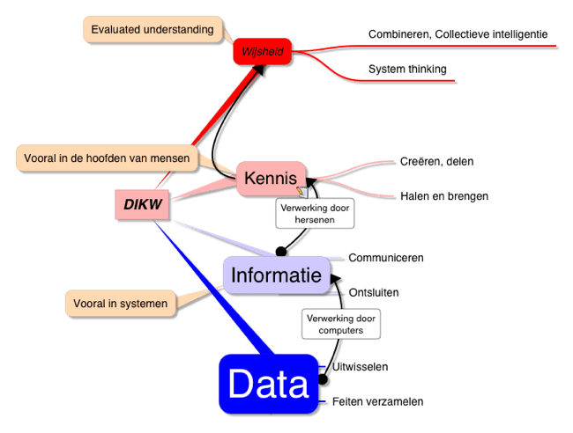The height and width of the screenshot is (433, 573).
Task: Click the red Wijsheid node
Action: coord(262,53)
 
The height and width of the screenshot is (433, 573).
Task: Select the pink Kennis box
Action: coord(270,179)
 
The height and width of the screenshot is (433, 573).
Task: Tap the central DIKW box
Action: coord(141,204)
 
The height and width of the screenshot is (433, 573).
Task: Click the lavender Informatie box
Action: coord(276,275)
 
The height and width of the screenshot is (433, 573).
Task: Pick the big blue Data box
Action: coord(268,385)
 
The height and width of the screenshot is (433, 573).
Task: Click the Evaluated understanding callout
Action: coord(153,30)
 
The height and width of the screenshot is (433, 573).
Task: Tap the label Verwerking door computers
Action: coord(340,323)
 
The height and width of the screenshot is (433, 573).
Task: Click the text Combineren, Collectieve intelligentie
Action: coord(458,34)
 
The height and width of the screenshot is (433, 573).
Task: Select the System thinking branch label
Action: coord(407,69)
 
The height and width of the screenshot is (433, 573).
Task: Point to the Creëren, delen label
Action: coord(429,161)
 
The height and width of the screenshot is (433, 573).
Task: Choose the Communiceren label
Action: coord(386,258)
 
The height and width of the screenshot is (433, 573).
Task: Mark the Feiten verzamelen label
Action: coord(377,401)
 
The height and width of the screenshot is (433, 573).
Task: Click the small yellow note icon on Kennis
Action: coord(301,189)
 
